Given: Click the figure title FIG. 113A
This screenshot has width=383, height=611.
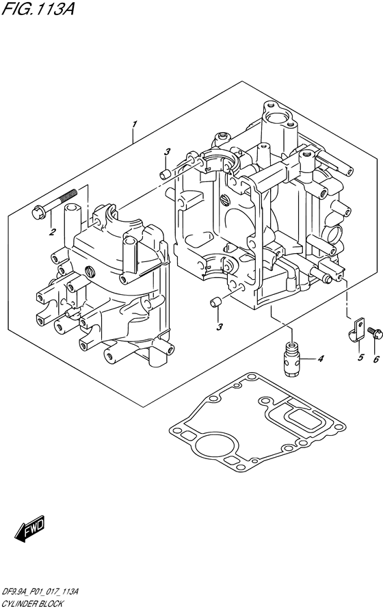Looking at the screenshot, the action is pyautogui.click(x=38, y=8).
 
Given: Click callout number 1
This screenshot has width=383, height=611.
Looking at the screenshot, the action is pyautogui.click(x=134, y=125).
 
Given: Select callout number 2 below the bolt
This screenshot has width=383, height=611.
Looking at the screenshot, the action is pyautogui.click(x=51, y=233).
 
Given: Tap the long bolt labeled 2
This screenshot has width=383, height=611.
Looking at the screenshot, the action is pyautogui.click(x=55, y=203).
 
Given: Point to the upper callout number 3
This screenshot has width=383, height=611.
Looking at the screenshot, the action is pyautogui.click(x=167, y=152).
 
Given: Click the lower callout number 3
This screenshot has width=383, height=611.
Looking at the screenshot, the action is pyautogui.click(x=220, y=327).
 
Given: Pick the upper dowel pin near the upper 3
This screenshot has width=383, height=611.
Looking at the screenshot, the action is pyautogui.click(x=164, y=174).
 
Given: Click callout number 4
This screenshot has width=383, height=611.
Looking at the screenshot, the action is pyautogui.click(x=320, y=359).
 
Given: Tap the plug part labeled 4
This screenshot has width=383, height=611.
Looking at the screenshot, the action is pyautogui.click(x=292, y=359).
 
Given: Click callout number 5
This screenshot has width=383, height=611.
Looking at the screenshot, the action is pyautogui.click(x=360, y=357).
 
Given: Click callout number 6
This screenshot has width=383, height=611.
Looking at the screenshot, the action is pyautogui.click(x=376, y=359).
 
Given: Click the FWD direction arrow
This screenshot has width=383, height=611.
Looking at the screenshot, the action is pyautogui.click(x=30, y=529).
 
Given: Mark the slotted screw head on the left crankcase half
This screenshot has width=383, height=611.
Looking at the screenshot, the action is pyautogui.click(x=90, y=271).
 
